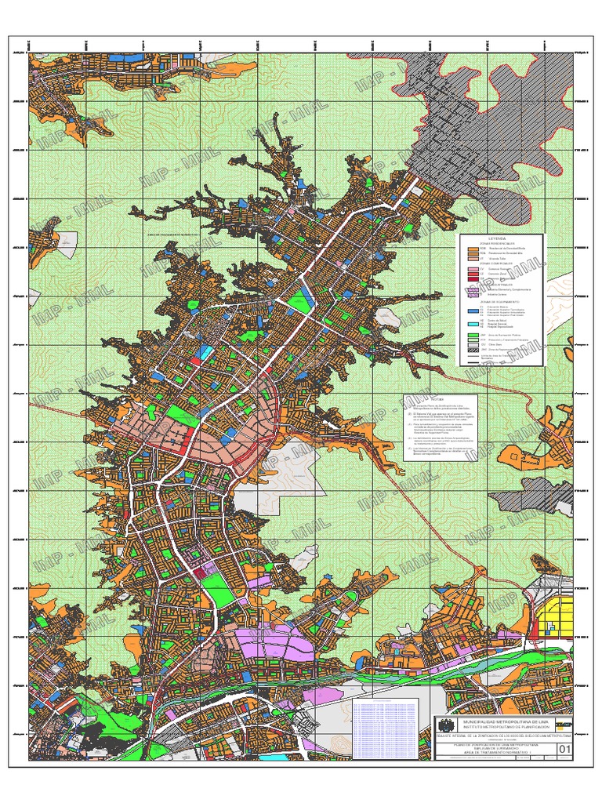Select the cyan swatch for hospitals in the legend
[472, 324]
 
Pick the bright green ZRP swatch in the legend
[472, 334]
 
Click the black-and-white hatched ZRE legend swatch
[472, 351]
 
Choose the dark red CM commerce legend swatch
[472, 279]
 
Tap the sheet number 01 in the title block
[564, 750]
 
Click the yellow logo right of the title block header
[562, 724]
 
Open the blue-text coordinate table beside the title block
[392, 729]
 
